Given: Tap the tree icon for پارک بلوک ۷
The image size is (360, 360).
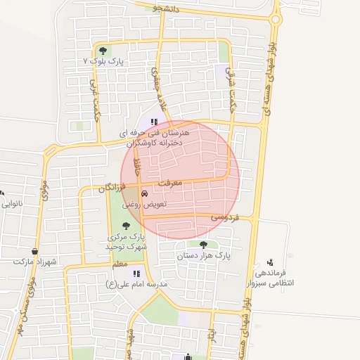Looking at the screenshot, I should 103,51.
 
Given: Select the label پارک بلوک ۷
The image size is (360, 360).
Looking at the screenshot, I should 103,62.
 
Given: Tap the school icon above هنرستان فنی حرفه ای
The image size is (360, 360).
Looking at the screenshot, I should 155,122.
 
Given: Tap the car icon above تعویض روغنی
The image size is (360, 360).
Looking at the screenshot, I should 144,193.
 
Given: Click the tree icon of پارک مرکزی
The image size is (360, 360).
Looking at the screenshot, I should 126,226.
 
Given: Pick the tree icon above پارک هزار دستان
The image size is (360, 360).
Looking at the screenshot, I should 204,245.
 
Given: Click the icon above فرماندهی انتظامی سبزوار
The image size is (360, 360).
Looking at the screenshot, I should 270,262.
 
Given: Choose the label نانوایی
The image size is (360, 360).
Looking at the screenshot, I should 12,204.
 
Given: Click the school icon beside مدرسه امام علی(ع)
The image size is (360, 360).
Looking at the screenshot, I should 136,274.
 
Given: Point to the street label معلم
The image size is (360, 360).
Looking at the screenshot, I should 120,264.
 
